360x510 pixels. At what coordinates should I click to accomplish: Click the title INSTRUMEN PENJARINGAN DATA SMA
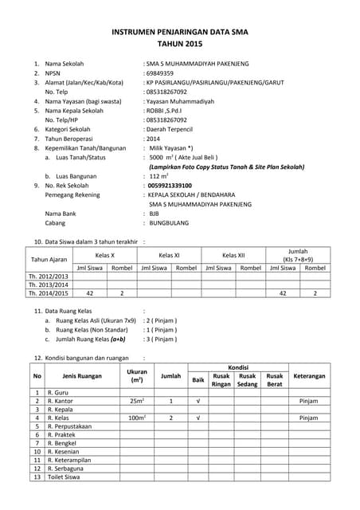pyautogui.click(x=180, y=34)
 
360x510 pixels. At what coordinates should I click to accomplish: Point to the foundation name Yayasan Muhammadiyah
pyautogui.click(x=178, y=102)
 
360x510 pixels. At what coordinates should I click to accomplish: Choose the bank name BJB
pyautogui.click(x=155, y=214)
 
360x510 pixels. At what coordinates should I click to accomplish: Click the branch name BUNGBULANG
pyautogui.click(x=175, y=225)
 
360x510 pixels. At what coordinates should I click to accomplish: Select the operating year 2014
pyautogui.click(x=153, y=137)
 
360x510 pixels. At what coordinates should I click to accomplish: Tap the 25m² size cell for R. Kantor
pyautogui.click(x=137, y=401)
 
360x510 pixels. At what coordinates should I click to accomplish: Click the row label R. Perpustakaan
pyautogui.click(x=70, y=426)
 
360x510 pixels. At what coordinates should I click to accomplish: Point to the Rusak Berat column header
pyautogui.click(x=275, y=379)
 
